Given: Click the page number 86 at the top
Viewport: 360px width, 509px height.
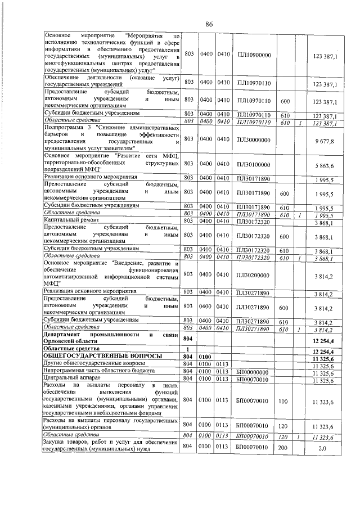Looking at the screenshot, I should click(209, 24).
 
